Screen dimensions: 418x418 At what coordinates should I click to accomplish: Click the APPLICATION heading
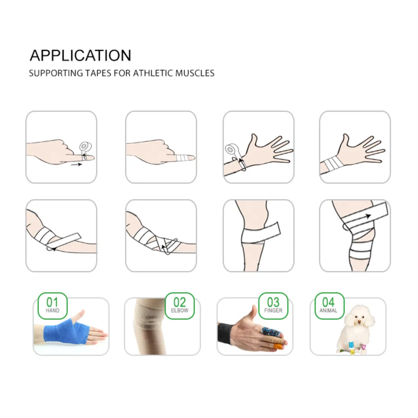pos(80,55)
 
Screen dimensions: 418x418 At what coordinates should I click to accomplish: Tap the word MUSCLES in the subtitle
pos(195,73)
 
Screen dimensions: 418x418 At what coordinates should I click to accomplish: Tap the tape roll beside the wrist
pos(231,150)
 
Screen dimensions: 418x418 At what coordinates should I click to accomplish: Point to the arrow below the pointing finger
pos(77,164)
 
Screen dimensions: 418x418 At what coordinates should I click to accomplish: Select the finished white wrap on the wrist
pos(332,164)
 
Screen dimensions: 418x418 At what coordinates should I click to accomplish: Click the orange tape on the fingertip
pos(278,346)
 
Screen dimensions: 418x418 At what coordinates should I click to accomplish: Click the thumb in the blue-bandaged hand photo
pos(80,315)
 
